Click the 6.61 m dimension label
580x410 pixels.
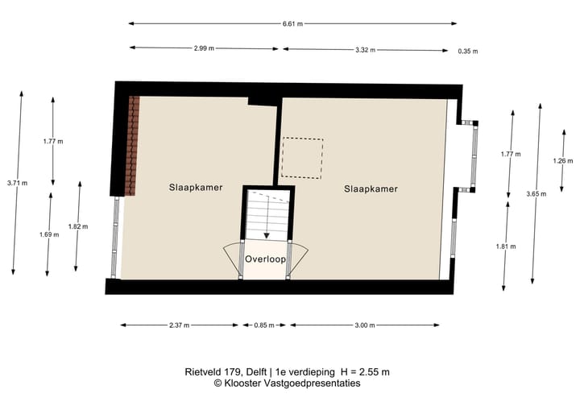coord(292,24)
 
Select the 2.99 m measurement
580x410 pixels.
coord(204,49)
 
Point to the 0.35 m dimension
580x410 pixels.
coord(467,51)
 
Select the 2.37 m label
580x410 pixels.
coord(180,325)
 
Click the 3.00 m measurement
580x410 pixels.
coord(365,325)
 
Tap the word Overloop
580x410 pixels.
coord(266,259)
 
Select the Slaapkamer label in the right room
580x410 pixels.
coord(371,189)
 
